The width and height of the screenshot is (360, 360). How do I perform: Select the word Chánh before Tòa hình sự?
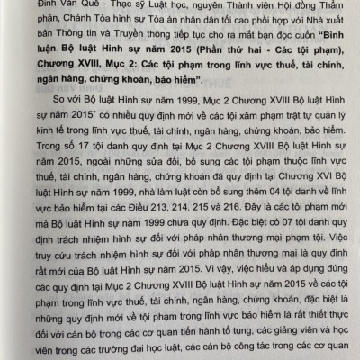[83, 22]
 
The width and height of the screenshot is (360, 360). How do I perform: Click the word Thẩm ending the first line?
[324, 4]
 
